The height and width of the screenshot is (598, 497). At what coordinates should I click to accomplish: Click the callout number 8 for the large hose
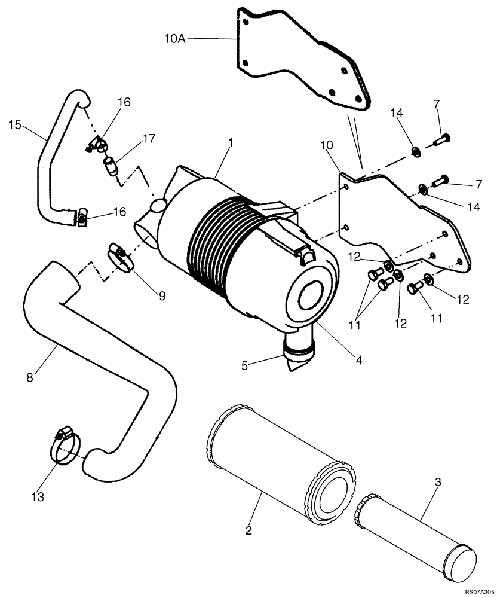pyautogui.click(x=29, y=377)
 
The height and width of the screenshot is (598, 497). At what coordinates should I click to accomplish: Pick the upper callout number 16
pyautogui.click(x=124, y=103)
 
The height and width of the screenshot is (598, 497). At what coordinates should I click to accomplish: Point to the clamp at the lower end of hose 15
pyautogui.click(x=81, y=217)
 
